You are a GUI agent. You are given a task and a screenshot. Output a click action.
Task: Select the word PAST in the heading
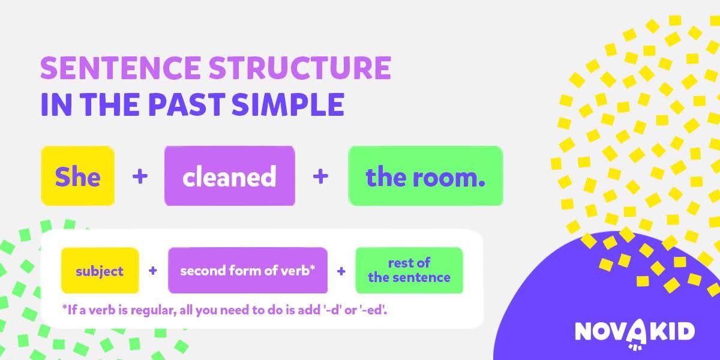click(x=187, y=104)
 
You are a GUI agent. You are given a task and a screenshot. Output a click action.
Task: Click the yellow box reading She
click(x=78, y=176)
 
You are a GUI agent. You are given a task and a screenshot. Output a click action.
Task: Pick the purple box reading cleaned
click(x=229, y=176)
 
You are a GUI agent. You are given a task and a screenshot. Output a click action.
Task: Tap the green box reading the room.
click(x=425, y=176)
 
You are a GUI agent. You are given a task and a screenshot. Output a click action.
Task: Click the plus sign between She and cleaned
click(x=140, y=176)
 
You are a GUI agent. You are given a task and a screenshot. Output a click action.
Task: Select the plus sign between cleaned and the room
click(x=320, y=176)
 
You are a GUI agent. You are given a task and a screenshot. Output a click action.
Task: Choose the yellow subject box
click(x=100, y=271)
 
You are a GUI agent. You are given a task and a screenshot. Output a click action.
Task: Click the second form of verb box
click(x=248, y=271)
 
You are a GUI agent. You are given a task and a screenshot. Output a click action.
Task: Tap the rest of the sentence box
click(x=409, y=271)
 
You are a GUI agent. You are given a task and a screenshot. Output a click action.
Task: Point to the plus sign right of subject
click(x=153, y=271)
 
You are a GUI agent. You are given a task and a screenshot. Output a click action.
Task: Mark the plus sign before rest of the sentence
click(x=341, y=271)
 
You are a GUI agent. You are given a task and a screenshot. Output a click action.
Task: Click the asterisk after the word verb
click(x=312, y=268)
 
